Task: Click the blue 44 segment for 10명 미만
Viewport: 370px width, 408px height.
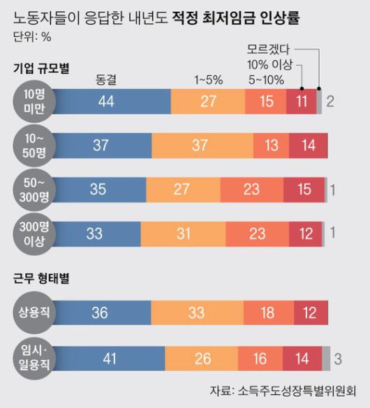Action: click(x=106, y=102)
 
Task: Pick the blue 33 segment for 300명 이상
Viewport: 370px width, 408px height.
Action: click(x=95, y=233)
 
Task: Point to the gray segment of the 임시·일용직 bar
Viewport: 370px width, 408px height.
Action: click(x=325, y=358)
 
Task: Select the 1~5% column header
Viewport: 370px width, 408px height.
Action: click(x=208, y=79)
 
